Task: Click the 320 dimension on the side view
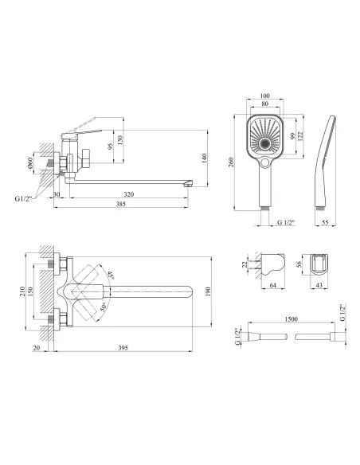pos(129,194)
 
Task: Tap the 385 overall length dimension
pos(121,204)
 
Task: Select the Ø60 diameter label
pos(30,163)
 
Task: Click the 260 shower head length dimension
pos(231,162)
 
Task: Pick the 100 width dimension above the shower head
pos(264,96)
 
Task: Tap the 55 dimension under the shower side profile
pos(325,223)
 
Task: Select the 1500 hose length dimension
pos(292,319)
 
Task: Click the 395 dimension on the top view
pos(123,348)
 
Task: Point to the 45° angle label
pos(111,275)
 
